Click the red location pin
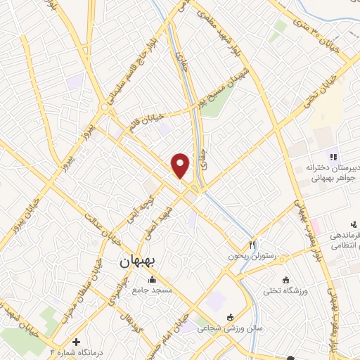[181, 165]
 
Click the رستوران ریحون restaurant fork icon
[252, 245]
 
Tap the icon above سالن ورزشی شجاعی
[232, 317]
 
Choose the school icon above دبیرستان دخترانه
[333, 157]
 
